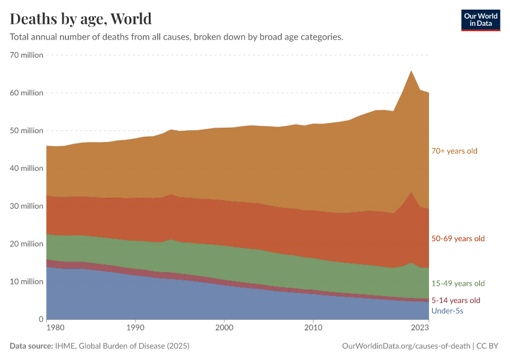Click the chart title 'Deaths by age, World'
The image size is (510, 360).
click(80, 19)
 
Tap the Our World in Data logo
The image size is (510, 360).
click(480, 20)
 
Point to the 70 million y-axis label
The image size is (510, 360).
click(26, 55)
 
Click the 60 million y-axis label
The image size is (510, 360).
click(26, 93)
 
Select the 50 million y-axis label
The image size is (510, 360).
click(26, 131)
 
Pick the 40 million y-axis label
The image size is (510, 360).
click(26, 169)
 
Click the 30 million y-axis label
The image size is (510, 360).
click(26, 206)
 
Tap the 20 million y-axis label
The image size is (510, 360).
click(26, 244)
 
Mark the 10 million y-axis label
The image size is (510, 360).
click(26, 282)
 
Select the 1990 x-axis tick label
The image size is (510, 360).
click(135, 328)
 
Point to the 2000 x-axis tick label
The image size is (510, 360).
click(224, 328)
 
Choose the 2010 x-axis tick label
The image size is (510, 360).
click(313, 328)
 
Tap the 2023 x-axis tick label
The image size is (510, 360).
click(420, 328)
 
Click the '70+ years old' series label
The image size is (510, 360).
click(454, 151)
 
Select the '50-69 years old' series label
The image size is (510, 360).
click(458, 239)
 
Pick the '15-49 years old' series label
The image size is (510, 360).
click(458, 283)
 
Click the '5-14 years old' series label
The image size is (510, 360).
click(456, 300)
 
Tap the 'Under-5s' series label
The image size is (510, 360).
click(447, 311)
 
